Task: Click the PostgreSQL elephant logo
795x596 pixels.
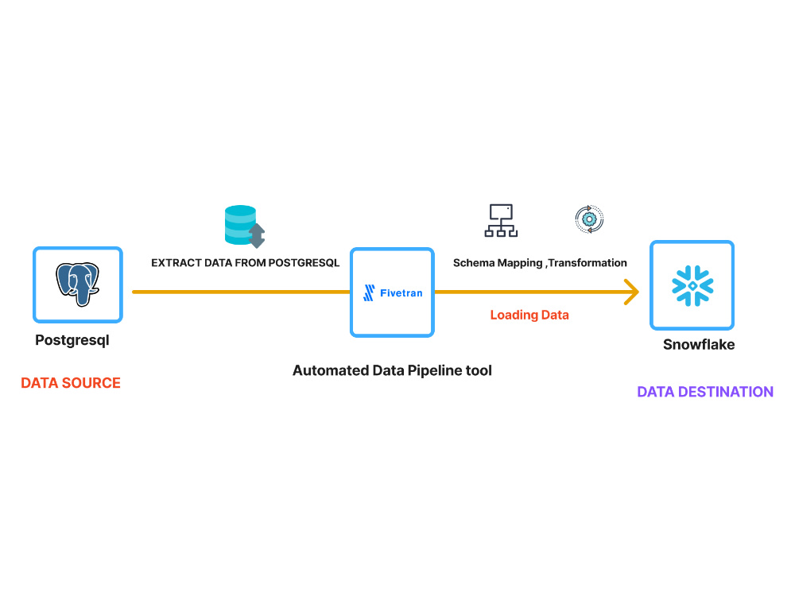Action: pos(78,284)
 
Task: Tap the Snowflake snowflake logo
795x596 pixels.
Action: pos(692,286)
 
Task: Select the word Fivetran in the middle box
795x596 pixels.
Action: pos(401,293)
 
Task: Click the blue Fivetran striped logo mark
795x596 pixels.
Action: pos(369,293)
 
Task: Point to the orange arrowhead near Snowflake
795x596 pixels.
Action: pos(631,292)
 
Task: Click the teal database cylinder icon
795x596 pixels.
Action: pos(241,225)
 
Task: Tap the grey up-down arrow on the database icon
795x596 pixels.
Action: pos(257,236)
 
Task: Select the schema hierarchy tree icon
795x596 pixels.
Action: pos(501,220)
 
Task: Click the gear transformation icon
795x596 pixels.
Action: pos(589,219)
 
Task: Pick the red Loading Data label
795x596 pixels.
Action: pos(529,315)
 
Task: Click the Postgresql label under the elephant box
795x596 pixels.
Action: pos(72,340)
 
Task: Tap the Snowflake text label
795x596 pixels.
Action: pos(699,345)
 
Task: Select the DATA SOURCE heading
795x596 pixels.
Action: pos(71,383)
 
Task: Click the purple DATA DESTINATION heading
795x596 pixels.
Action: pos(705,392)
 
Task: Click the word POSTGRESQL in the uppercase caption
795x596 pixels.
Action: pos(304,262)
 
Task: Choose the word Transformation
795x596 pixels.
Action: pos(588,262)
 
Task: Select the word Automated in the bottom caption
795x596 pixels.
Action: pos(331,370)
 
